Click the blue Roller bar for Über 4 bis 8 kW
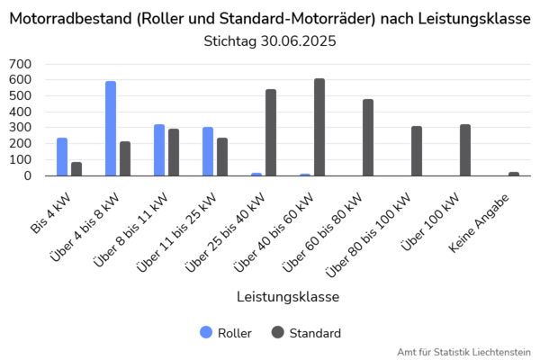tap(111, 129)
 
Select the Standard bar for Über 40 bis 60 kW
tap(319, 127)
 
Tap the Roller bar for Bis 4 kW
tap(62, 157)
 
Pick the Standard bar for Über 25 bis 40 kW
tap(271, 132)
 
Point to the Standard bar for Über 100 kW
tap(465, 150)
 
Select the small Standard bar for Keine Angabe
tap(514, 174)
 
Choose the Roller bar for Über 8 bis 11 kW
tap(159, 150)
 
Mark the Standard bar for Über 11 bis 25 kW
tap(222, 157)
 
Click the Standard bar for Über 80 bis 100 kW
tap(417, 151)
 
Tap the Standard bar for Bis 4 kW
tap(76, 169)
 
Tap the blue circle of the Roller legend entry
tap(206, 333)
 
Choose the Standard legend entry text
tap(315, 333)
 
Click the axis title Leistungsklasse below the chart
tap(288, 296)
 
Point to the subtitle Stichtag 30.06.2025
tap(270, 41)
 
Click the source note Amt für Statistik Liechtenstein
tap(463, 351)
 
